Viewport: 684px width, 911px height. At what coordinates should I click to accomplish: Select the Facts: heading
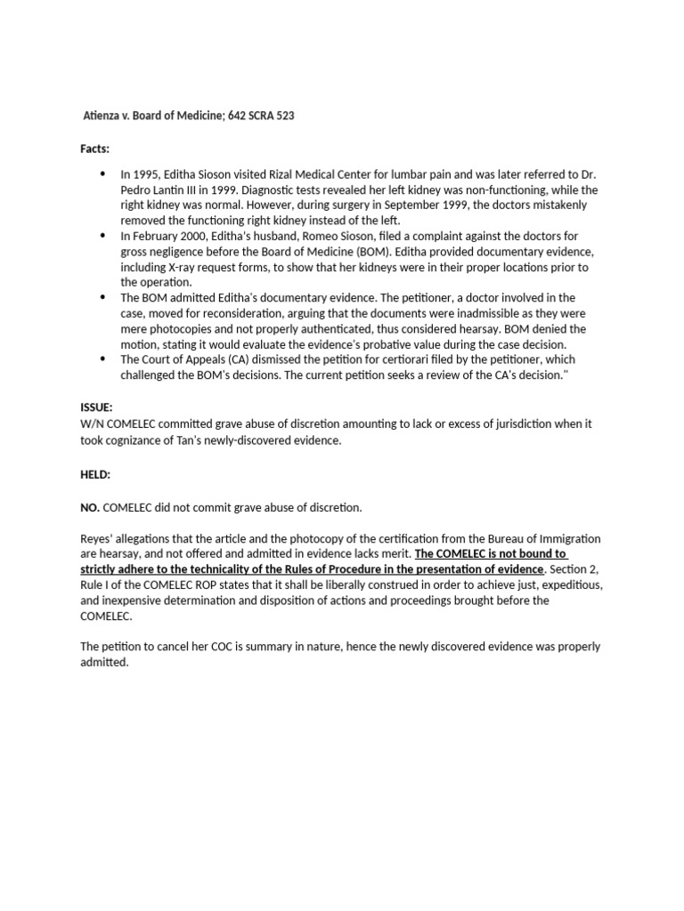pyautogui.click(x=95, y=149)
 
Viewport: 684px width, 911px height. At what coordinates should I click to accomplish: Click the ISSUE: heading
pyautogui.click(x=96, y=407)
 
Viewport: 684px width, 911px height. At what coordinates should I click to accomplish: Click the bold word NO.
pyautogui.click(x=90, y=508)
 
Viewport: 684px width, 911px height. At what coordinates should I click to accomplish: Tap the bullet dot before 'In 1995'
pyautogui.click(x=102, y=174)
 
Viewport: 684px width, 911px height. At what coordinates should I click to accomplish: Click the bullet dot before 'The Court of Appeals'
pyautogui.click(x=102, y=359)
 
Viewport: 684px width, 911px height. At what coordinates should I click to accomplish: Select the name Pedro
pyautogui.click(x=140, y=190)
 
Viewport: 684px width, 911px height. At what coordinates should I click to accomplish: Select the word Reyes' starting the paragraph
pyautogui.click(x=98, y=539)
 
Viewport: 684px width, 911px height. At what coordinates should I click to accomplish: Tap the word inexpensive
pyautogui.click(x=135, y=601)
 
